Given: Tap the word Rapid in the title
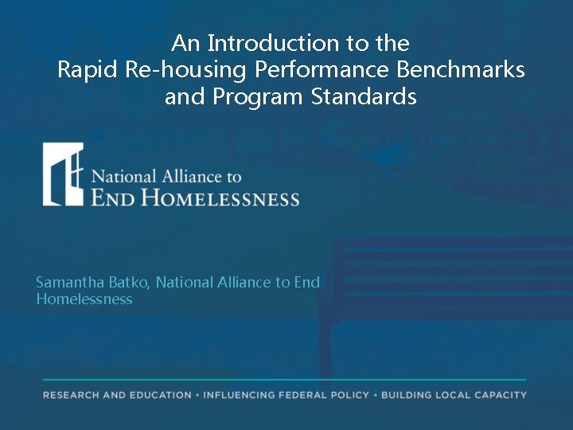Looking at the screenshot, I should click(88, 70).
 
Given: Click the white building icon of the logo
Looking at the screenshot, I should click(63, 174).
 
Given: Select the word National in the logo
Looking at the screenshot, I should click(123, 176).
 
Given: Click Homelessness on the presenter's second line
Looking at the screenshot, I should click(84, 299).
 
